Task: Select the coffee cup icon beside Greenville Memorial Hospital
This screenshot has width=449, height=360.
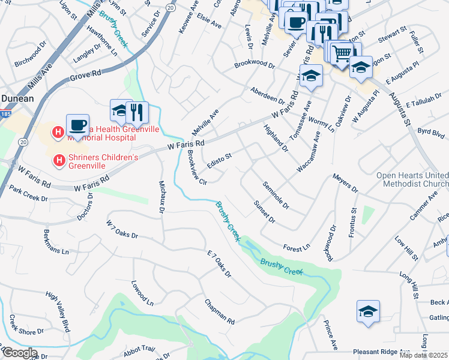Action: click(77, 124)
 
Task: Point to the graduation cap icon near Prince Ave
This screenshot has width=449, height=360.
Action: click(368, 311)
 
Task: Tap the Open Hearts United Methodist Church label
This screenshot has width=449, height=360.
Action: click(412, 179)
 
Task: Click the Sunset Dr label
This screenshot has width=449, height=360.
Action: click(264, 212)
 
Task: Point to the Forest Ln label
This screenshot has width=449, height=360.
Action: click(297, 247)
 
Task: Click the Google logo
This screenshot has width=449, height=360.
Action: click(19, 353)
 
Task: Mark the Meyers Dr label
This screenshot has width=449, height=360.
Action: click(345, 184)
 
